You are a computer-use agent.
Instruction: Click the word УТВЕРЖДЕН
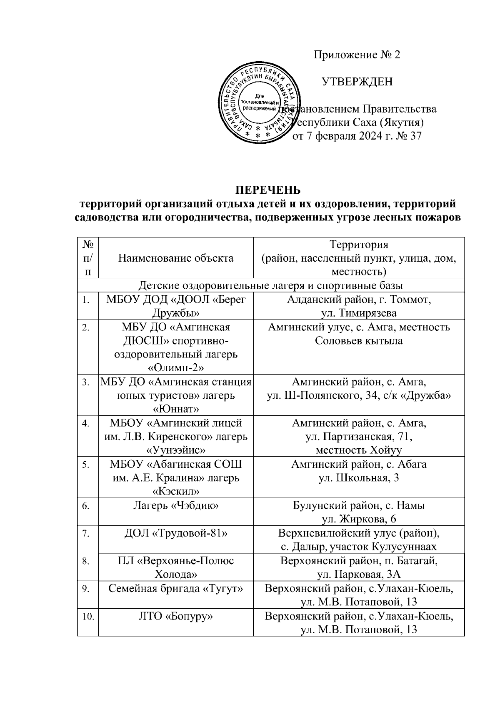357,82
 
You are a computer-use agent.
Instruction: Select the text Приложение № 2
357,55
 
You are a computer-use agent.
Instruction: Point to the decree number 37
415,136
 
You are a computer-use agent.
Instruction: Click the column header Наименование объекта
176,258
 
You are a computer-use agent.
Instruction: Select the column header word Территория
358,245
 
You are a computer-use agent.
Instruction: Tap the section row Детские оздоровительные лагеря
270,286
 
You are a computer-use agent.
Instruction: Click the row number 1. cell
86,300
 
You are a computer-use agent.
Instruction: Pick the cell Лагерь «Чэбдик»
176,505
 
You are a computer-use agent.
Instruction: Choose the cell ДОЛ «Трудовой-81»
176,533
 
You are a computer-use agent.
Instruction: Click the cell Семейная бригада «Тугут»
176,588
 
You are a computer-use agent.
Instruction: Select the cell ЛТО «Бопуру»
176,616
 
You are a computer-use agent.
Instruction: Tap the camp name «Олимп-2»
176,367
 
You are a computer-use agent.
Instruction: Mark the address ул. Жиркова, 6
358,519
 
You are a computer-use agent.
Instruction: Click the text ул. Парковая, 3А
358,575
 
